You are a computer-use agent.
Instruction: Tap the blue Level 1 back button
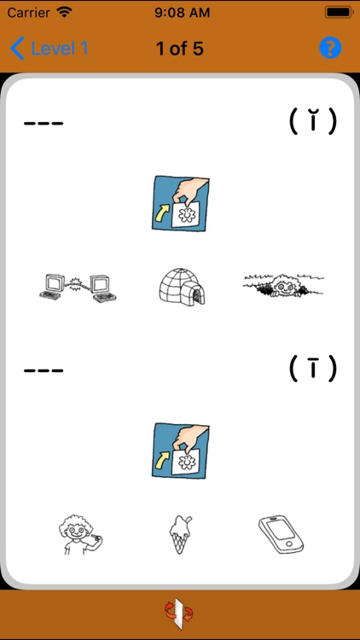coord(49,48)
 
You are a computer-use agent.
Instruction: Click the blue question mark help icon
coord(330,48)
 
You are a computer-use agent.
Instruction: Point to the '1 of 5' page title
coord(180,49)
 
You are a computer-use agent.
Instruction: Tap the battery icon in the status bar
coord(338,12)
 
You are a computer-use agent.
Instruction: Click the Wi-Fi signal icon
coord(65,12)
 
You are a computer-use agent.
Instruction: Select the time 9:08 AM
coord(182,12)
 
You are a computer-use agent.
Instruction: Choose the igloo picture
coord(182,287)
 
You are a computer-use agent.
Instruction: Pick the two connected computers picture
coord(78,288)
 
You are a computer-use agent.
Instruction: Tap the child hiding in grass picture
coord(284,285)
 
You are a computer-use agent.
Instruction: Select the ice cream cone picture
coord(180,533)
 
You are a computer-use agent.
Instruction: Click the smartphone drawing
coord(282,534)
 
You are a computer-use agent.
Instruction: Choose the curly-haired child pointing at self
coord(79,534)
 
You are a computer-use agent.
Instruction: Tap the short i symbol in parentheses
coord(313,121)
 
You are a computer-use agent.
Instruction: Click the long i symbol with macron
coord(313,368)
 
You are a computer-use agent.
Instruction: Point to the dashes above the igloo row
coord(44,123)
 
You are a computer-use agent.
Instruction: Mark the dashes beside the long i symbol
coord(44,370)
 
